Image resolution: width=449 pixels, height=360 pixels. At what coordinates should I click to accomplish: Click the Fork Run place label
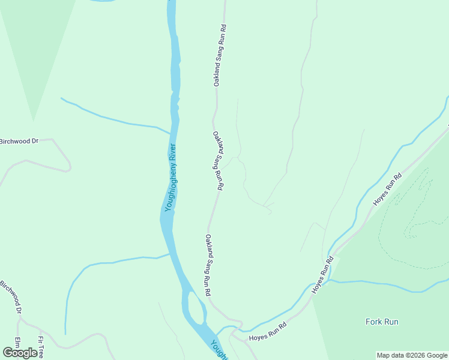[x=382, y=322]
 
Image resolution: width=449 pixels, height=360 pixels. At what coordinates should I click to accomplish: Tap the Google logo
[x=20, y=353]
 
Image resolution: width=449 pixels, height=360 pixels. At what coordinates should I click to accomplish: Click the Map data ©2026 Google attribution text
[x=412, y=355]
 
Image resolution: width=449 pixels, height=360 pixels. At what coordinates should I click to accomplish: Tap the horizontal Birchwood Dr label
[x=19, y=141]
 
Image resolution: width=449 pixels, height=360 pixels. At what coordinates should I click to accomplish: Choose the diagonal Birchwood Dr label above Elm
[x=11, y=298]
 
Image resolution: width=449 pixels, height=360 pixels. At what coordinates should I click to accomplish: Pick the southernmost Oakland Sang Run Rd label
[x=208, y=265]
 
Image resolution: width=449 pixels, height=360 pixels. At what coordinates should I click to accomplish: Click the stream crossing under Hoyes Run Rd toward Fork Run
[x=330, y=270]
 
